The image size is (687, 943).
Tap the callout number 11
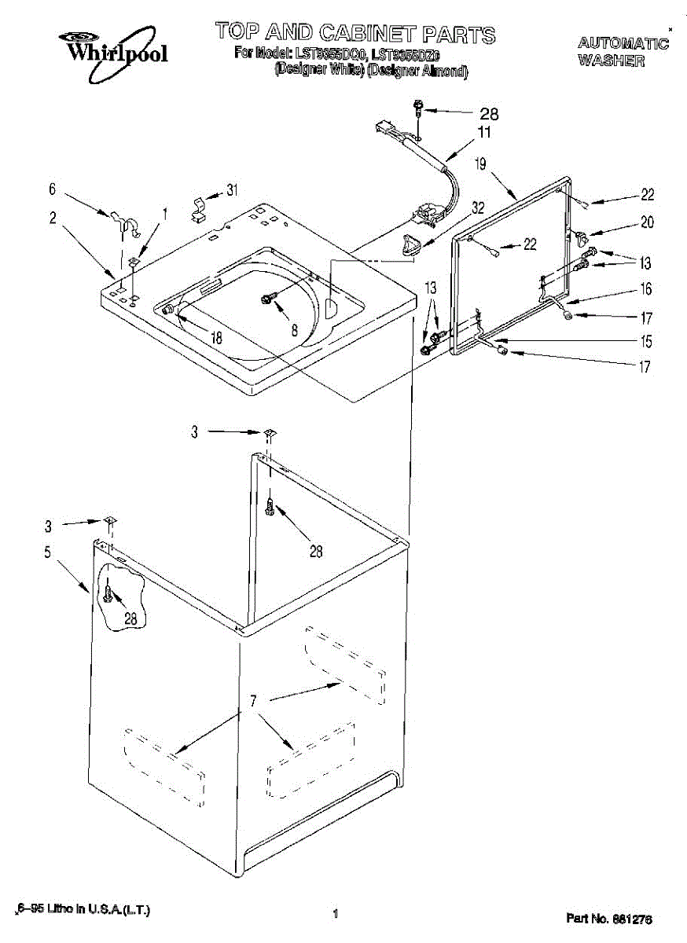tap(483, 132)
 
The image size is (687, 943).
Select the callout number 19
tap(481, 164)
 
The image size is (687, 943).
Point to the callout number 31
tap(232, 189)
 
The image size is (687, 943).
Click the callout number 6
tap(53, 189)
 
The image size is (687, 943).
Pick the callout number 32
tap(477, 209)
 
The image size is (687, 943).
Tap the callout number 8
tap(294, 331)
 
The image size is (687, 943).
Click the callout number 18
tap(215, 338)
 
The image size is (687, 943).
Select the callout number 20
tap(646, 222)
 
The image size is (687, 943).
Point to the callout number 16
tap(645, 290)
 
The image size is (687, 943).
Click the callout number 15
tap(645, 342)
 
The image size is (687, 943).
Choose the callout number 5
tap(49, 552)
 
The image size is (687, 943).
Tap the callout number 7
tap(252, 702)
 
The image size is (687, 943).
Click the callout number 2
tap(53, 218)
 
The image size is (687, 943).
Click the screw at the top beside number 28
tap(419, 108)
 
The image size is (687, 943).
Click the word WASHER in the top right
tap(612, 61)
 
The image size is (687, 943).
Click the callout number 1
tap(165, 212)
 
